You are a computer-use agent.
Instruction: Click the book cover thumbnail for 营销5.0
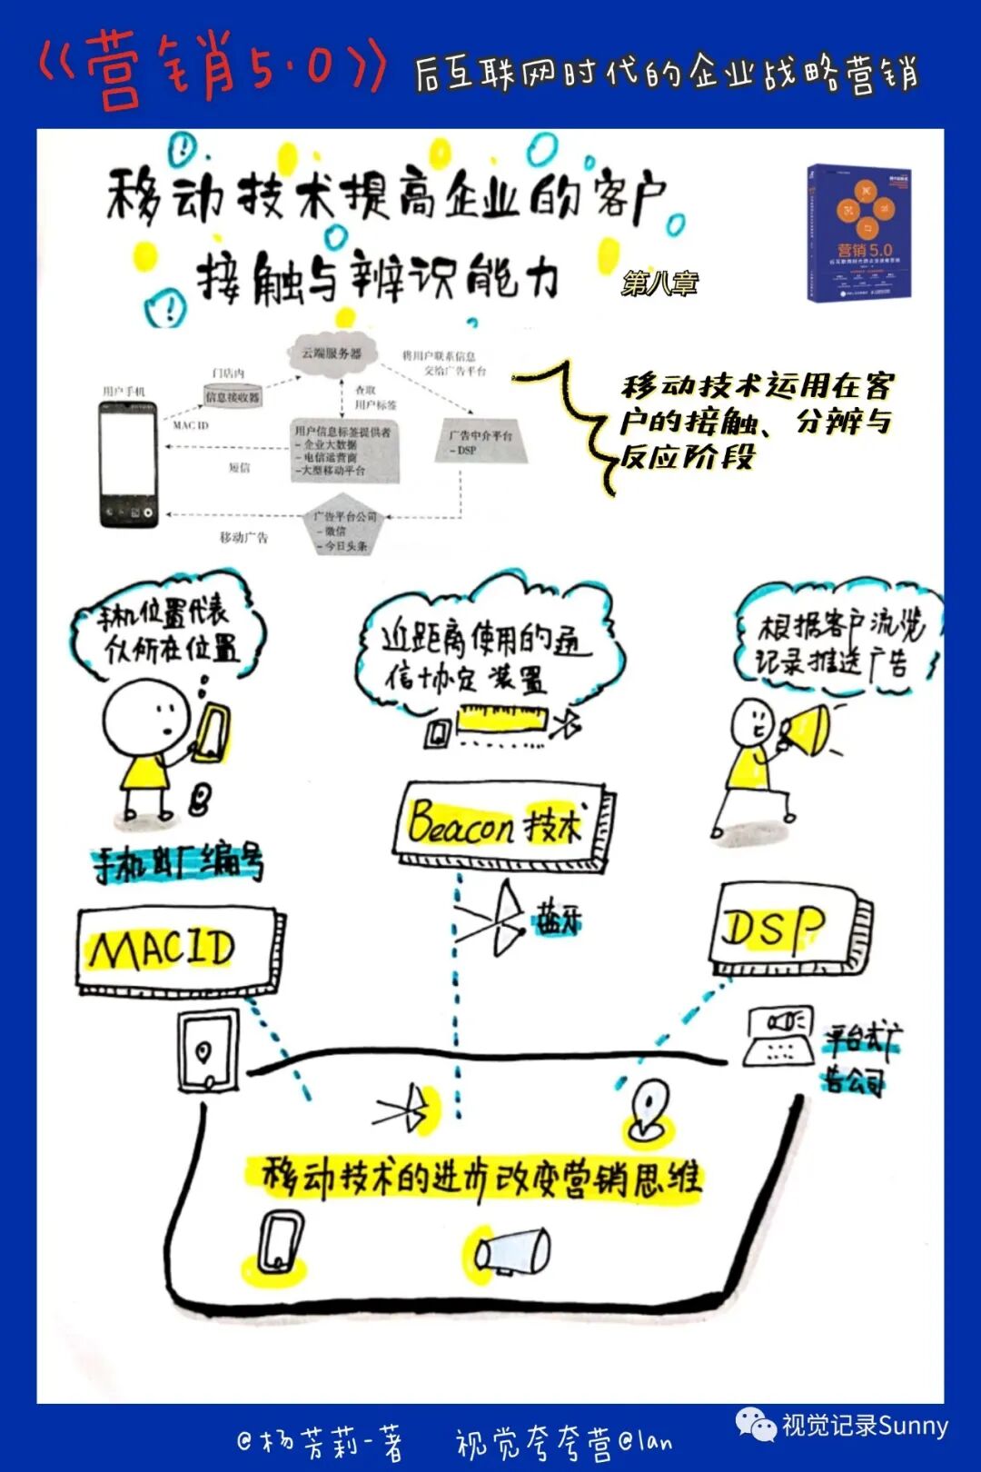[x=859, y=233]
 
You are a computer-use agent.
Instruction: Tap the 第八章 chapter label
[x=659, y=283]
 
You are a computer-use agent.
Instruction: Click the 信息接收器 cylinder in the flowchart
[x=232, y=396]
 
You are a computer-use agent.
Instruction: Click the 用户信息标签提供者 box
[x=343, y=451]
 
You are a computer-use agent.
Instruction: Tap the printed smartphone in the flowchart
[x=128, y=463]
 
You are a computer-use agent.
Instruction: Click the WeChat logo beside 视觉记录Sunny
[x=757, y=1425]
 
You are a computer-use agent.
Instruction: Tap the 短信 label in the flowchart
[x=239, y=468]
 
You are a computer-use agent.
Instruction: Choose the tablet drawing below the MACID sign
[x=207, y=1052]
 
